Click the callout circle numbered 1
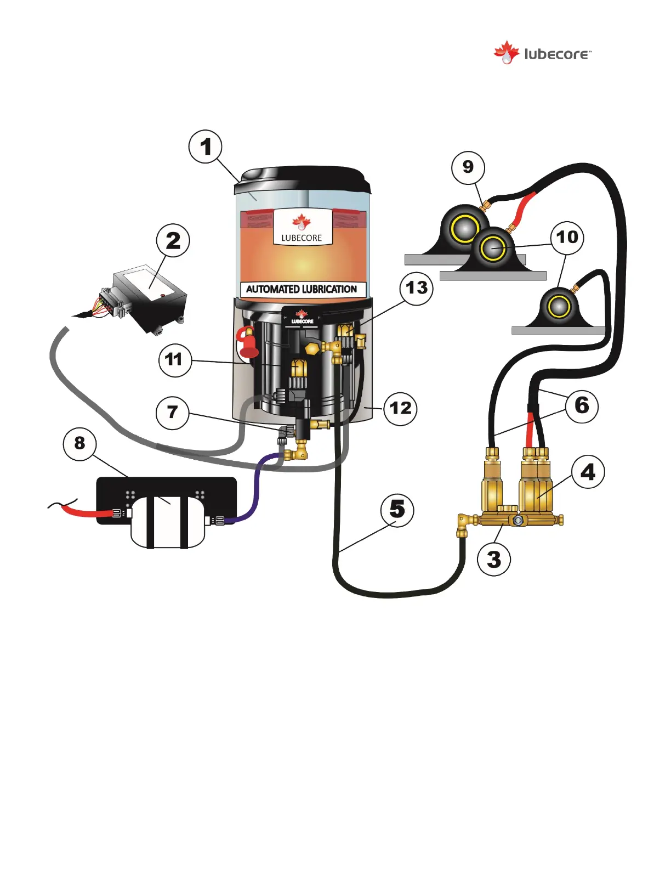pyautogui.click(x=206, y=147)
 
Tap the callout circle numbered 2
pyautogui.click(x=173, y=240)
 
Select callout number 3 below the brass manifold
pyautogui.click(x=494, y=560)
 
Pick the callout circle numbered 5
pyautogui.click(x=397, y=510)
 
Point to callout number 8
pyautogui.click(x=80, y=443)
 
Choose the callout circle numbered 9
pyautogui.click(x=468, y=167)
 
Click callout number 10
pyautogui.click(x=567, y=238)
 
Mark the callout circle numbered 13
pyautogui.click(x=417, y=287)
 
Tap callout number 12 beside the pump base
pyautogui.click(x=400, y=408)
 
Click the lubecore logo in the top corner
pyautogui.click(x=543, y=54)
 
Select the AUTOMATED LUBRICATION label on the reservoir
pyautogui.click(x=302, y=289)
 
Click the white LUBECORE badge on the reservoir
pyautogui.click(x=302, y=227)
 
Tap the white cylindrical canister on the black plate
pyautogui.click(x=167, y=521)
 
